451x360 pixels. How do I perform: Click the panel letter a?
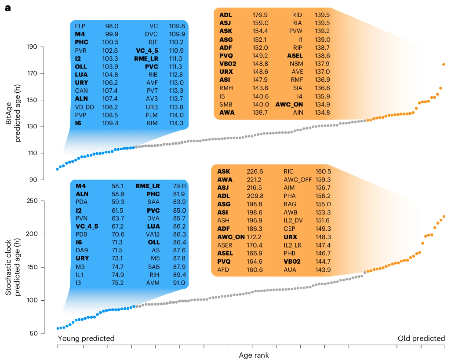(8, 8)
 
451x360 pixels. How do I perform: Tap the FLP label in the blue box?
(80, 26)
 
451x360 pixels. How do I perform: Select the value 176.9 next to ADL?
(260, 15)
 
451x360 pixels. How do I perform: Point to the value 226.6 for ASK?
(255, 171)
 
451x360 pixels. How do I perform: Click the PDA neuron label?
(82, 202)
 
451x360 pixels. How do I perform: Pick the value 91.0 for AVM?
(178, 283)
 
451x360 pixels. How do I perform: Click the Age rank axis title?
(254, 355)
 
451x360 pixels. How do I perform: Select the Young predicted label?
(86, 338)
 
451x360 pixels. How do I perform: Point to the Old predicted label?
(421, 338)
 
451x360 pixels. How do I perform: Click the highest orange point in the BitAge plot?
(444, 65)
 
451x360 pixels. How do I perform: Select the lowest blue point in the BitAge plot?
(57, 169)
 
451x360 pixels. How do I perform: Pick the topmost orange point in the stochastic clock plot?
(444, 217)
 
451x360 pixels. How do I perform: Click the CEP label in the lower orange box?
(289, 229)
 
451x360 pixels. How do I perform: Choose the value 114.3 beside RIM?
(176, 123)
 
